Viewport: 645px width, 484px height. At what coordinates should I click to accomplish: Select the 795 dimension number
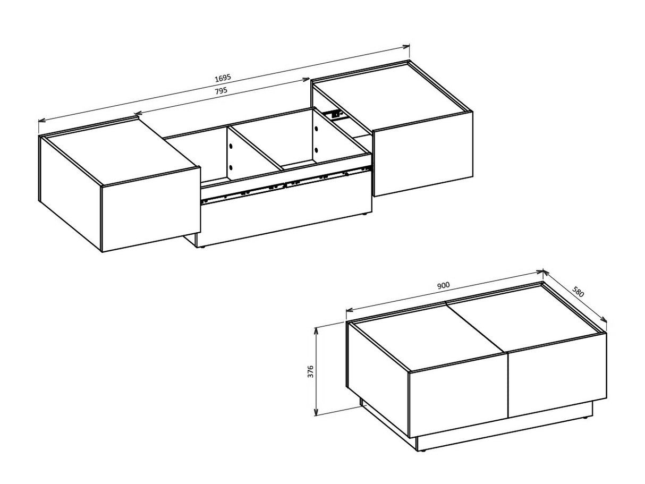point(221,91)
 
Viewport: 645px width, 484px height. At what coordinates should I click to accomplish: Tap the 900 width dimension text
point(443,285)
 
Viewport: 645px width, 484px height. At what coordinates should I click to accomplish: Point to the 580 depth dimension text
point(579,293)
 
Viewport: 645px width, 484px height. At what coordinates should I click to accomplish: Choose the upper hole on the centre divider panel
point(231,145)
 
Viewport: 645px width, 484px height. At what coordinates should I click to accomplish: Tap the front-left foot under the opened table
point(201,247)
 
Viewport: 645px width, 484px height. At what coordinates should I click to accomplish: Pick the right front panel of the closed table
point(557,373)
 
